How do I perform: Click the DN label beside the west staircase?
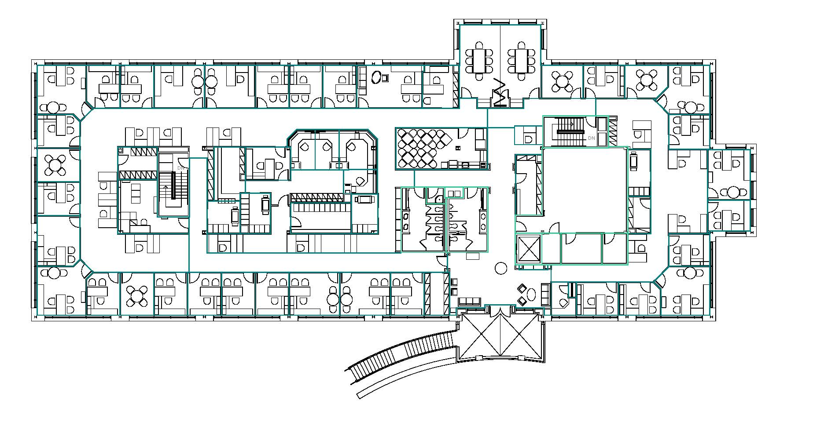[180, 168]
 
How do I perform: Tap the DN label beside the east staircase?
[591, 138]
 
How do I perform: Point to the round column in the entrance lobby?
[501, 268]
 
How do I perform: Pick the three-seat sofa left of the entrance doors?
[469, 301]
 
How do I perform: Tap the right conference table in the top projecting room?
[522, 61]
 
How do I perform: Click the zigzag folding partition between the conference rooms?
[500, 92]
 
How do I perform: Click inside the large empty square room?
[585, 190]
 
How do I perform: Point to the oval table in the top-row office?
[376, 77]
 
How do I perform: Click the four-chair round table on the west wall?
[56, 165]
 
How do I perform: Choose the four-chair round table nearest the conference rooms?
[562, 81]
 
